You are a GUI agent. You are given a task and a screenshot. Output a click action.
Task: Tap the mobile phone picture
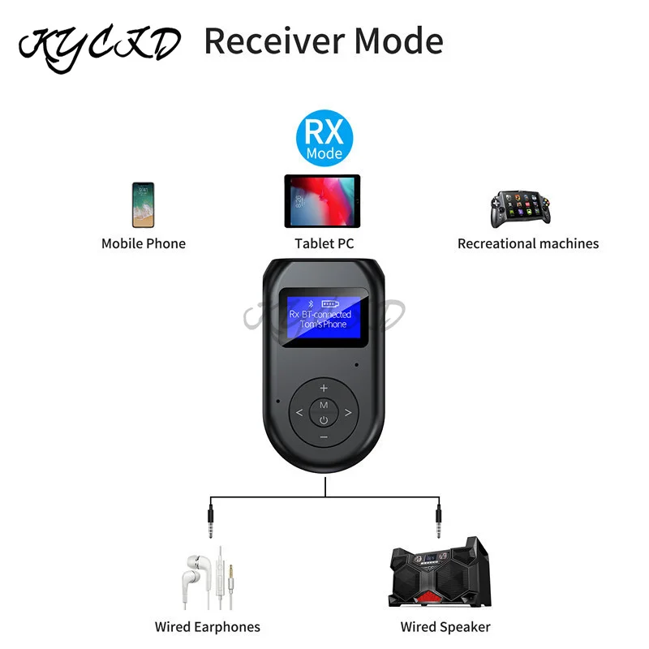[x=143, y=204]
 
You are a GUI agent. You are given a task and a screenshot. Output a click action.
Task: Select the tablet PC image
[x=324, y=202]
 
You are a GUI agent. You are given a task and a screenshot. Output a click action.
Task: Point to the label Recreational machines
[x=528, y=243]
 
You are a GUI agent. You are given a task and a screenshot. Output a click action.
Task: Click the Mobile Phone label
[x=144, y=243]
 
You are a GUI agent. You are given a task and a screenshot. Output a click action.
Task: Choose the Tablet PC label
[x=324, y=243]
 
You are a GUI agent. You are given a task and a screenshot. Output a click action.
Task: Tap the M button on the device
[x=324, y=404]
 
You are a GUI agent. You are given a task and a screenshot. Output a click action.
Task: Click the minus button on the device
[x=324, y=438]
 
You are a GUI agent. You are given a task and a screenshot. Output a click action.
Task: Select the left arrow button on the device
[x=299, y=413]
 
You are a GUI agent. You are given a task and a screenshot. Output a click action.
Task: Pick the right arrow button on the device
[x=349, y=413]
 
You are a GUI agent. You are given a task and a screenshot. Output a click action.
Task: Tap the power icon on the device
[x=324, y=420]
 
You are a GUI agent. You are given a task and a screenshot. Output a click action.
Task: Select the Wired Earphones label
[x=208, y=626]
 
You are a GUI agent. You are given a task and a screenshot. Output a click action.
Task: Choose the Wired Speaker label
[x=445, y=626]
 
